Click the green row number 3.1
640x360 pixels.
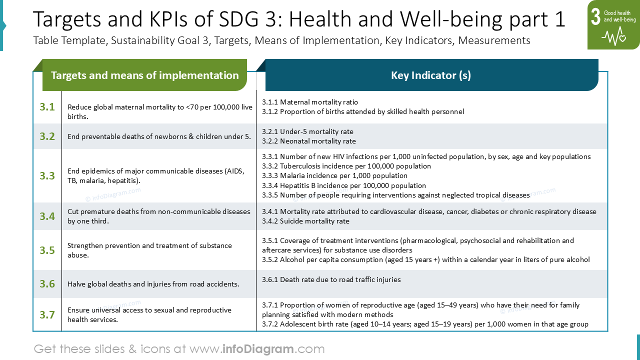[x=47, y=107]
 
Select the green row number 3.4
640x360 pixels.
[x=47, y=216]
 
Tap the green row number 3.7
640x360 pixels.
[x=47, y=314]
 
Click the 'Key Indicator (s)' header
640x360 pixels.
[x=431, y=75]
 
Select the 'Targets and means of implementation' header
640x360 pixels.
[x=145, y=75]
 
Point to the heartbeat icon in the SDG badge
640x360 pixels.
[x=613, y=36]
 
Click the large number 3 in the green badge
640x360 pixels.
[x=595, y=16]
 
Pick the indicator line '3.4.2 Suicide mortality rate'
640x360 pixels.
[x=305, y=221]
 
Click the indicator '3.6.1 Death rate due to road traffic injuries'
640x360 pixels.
[x=331, y=279]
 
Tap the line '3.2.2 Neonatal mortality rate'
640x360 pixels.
[x=309, y=141]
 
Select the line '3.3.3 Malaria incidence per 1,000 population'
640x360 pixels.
[x=334, y=175]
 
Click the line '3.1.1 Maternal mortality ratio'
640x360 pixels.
[x=310, y=102]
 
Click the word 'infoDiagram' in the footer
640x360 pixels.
[x=257, y=349]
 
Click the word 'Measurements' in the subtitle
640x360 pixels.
[x=494, y=40]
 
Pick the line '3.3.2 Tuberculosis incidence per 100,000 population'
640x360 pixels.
[x=346, y=166]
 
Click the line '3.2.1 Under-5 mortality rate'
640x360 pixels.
[x=307, y=131]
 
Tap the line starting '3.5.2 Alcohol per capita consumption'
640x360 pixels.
[x=425, y=259]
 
